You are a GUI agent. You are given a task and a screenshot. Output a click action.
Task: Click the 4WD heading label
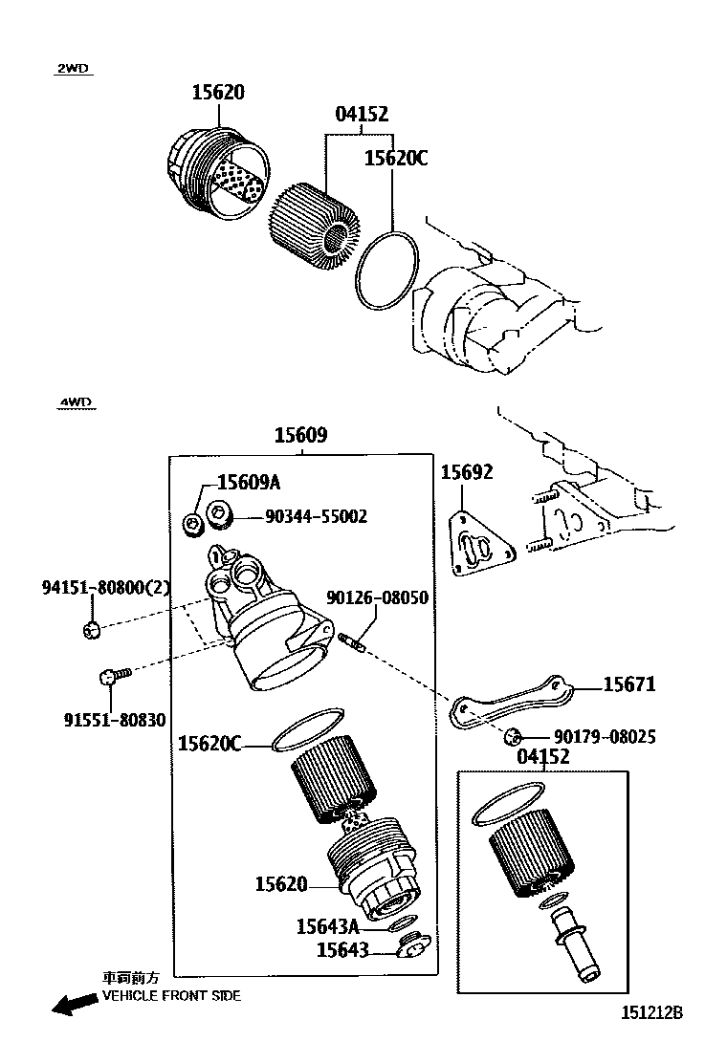pos(75,402)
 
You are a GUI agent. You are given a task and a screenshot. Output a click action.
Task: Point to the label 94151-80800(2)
pos(105,587)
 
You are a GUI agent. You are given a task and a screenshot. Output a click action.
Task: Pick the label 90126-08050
pos(377,597)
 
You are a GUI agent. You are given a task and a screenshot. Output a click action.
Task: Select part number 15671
pos(628,685)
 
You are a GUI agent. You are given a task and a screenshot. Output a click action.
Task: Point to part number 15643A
pos(327,925)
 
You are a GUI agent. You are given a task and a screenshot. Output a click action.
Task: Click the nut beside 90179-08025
pos(513,736)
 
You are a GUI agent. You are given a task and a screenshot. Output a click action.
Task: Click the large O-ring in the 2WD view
pos(387,271)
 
